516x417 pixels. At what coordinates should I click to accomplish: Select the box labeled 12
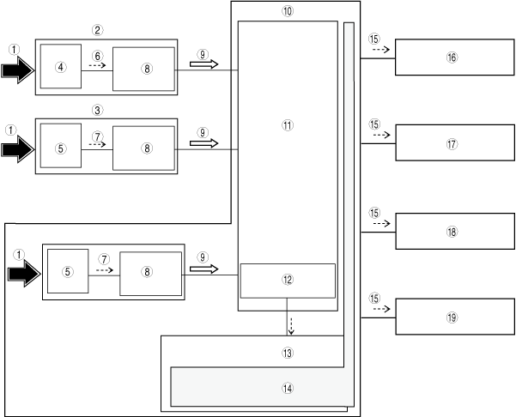click(x=287, y=281)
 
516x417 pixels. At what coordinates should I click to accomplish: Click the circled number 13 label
click(x=287, y=354)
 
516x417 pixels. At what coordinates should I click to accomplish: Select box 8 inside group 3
click(x=143, y=148)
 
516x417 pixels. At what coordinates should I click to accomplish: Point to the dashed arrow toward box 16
click(x=381, y=51)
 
